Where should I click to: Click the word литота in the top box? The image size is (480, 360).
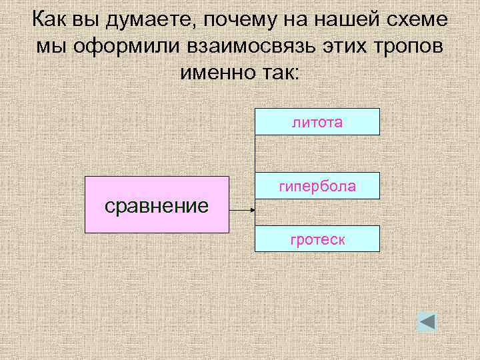pyautogui.click(x=317, y=121)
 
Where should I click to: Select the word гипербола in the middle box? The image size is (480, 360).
pyautogui.click(x=317, y=187)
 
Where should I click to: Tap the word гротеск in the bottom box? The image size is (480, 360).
pyautogui.click(x=317, y=238)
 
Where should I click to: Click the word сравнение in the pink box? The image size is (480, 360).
pyautogui.click(x=157, y=205)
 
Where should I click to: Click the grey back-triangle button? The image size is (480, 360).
pyautogui.click(x=427, y=322)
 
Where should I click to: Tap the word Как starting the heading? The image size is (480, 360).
pyautogui.click(x=48, y=21)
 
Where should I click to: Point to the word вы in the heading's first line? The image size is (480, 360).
pyautogui.click(x=83, y=21)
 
